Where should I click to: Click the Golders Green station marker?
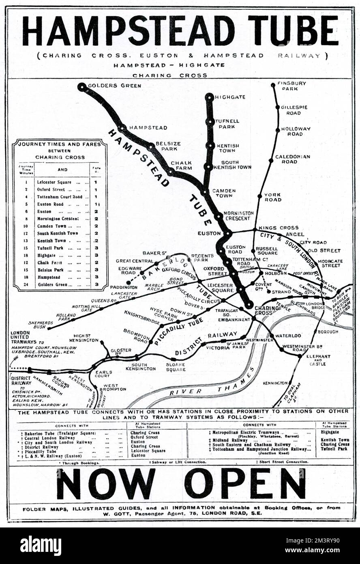(x=82, y=87)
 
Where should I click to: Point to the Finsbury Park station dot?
(x=273, y=85)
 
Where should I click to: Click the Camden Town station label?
(x=224, y=193)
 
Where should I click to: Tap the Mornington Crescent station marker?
(x=219, y=215)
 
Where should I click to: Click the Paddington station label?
(x=124, y=287)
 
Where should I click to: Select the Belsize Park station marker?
(x=151, y=146)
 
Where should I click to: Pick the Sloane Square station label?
(x=176, y=367)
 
